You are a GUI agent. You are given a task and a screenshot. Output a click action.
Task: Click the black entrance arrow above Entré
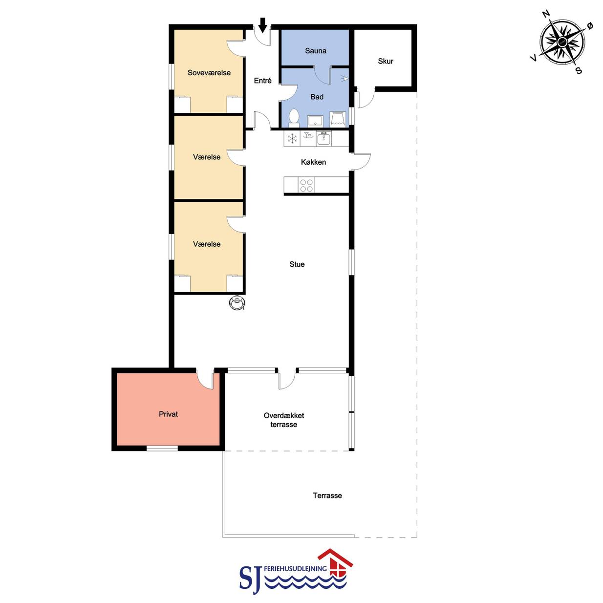coord(263,25)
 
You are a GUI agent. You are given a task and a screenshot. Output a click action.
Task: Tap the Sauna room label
coord(315,51)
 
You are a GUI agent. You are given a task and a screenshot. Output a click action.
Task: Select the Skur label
coord(385,61)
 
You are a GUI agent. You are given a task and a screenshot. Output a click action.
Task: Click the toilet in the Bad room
coord(294,118)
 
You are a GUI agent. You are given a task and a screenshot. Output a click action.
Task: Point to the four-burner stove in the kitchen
coord(306,185)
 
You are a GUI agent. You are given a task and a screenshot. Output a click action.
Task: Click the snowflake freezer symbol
coord(292,139)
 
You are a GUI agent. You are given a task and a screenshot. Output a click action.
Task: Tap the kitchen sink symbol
coord(324,139)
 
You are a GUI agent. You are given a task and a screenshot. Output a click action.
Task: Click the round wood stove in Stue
coord(237,302)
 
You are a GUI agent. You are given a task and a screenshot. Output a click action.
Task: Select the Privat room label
coord(169,414)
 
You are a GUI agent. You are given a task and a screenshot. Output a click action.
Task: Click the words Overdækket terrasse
coord(284,420)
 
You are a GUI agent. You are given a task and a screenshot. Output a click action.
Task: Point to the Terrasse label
coord(327,495)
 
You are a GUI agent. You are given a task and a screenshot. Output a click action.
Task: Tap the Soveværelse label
coord(209,73)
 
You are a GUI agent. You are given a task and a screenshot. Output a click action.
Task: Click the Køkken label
coord(313,162)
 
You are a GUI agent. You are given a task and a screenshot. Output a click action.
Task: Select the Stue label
coord(297,264)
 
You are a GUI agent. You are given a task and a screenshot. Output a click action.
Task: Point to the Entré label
coord(262,81)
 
